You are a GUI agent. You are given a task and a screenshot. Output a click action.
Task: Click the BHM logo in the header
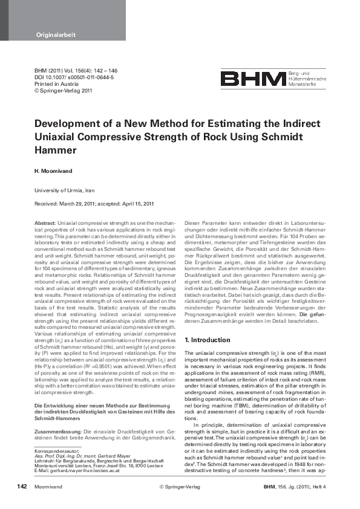point(253,79)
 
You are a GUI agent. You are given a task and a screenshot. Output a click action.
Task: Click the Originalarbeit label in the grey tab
point(55,35)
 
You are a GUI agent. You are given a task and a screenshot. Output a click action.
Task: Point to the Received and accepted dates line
point(94,204)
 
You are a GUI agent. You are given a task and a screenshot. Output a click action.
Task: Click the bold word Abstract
point(45,224)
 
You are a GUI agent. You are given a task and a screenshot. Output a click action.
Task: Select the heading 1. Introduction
point(208,340)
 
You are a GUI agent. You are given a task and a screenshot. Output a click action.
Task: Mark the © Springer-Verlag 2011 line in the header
point(63,91)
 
